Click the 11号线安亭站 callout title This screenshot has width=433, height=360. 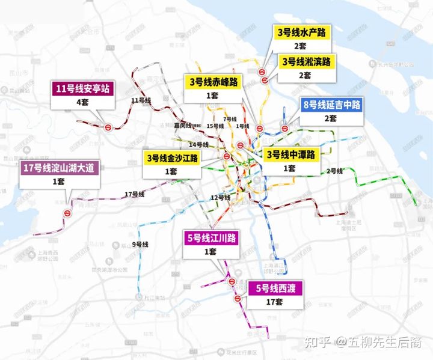[82, 90]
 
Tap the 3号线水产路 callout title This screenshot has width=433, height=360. [301, 32]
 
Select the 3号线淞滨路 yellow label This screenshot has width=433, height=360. [307, 62]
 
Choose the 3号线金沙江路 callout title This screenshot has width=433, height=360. [171, 158]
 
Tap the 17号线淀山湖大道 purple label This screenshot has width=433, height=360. [58, 168]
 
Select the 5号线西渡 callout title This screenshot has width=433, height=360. [277, 287]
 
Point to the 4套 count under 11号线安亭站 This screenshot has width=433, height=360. [82, 103]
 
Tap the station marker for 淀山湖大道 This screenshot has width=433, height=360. [69, 212]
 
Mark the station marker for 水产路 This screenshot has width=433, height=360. [263, 73]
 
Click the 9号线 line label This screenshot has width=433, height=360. [140, 244]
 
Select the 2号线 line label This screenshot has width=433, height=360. [334, 171]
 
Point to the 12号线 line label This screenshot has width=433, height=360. [221, 198]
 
